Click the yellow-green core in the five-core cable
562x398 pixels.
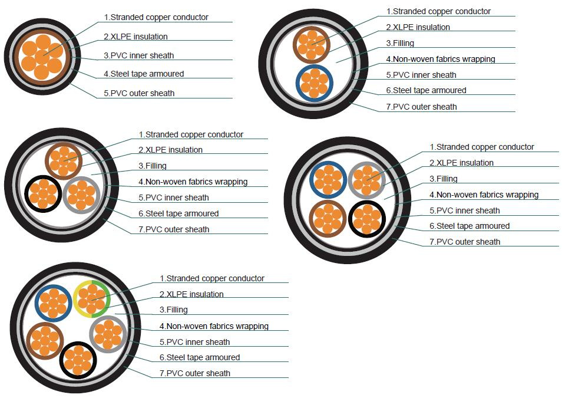click(91, 299)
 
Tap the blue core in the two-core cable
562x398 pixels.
click(315, 83)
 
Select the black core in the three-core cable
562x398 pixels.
click(43, 194)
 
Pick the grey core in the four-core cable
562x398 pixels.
click(366, 180)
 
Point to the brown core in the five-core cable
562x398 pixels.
click(45, 341)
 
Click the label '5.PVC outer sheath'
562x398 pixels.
click(139, 93)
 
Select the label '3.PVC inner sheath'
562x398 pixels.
click(138, 55)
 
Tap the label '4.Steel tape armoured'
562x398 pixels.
click(144, 74)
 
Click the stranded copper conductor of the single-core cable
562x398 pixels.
click(42, 57)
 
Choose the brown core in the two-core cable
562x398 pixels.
click(312, 45)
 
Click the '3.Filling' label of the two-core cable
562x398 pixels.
click(400, 44)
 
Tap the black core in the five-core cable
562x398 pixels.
click(78, 360)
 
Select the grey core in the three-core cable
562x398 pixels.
click(81, 195)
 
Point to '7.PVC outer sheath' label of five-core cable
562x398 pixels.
click(195, 373)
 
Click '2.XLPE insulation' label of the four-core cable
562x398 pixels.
click(462, 163)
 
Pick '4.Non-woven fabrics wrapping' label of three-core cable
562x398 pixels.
click(193, 182)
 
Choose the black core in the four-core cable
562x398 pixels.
click(367, 219)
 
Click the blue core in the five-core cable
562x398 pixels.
click(54, 303)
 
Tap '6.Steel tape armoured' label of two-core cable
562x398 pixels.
click(426, 90)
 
